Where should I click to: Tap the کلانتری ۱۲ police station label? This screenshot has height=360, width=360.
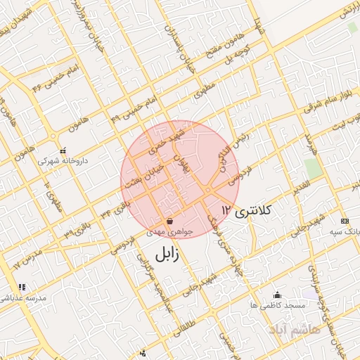[x=250, y=210]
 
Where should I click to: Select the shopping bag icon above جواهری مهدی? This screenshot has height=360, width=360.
[x=171, y=221]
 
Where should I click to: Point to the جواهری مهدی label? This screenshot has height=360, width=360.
[x=166, y=231]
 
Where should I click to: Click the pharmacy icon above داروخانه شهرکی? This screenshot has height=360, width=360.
[x=63, y=150]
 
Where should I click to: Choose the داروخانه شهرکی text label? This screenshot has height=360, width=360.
[x=58, y=160]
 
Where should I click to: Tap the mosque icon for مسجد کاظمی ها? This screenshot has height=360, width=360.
[x=276, y=295]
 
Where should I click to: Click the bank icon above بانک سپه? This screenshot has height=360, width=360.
[x=344, y=221]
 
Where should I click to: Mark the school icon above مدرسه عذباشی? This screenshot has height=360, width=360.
[x=22, y=287]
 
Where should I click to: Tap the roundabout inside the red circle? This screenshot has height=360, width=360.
[x=209, y=190]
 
